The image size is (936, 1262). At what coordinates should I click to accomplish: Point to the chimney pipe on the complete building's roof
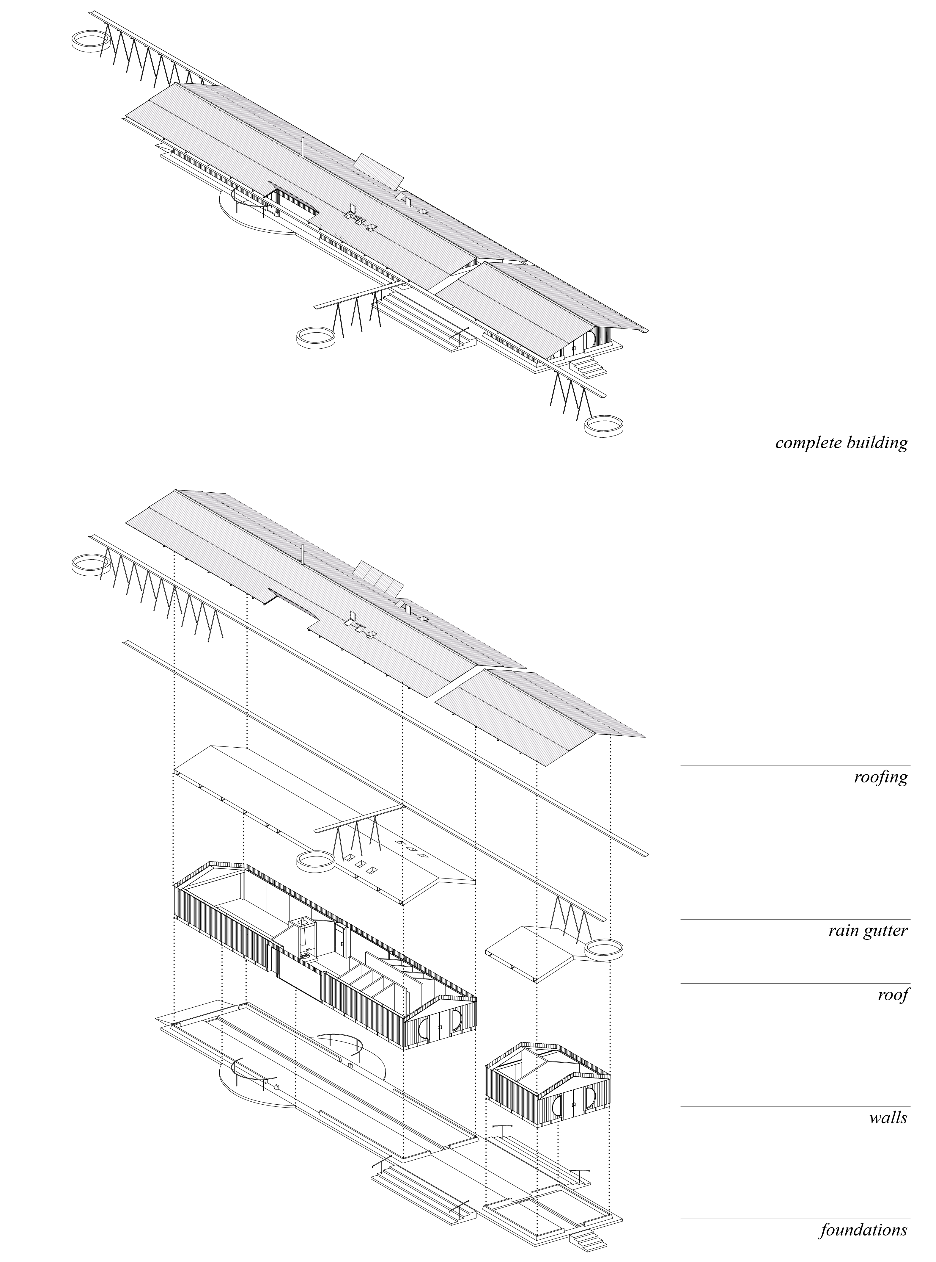303,147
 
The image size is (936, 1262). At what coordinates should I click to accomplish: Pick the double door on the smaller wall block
573,1106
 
